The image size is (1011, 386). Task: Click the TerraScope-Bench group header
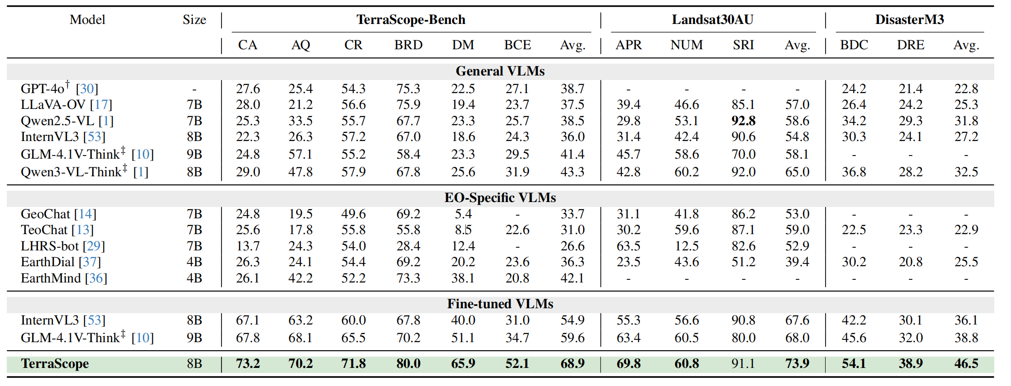coord(411,19)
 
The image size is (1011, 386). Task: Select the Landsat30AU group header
coord(712,19)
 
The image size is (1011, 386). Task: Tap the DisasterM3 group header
coord(909,19)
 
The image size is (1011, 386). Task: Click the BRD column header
coord(408,45)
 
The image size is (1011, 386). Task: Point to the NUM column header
coord(686,45)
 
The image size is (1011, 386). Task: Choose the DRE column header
coord(910,45)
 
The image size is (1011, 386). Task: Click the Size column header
coord(194,19)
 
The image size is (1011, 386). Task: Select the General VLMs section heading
coord(500,71)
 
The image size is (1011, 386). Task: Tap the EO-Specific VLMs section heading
coord(500,198)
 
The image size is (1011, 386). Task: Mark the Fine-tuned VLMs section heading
coord(500,304)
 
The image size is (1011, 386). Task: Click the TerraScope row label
coord(55,363)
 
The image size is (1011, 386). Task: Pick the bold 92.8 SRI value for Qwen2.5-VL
coord(743,121)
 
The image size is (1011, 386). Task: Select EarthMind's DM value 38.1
coord(463,278)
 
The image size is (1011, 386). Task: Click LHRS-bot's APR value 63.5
coord(628,246)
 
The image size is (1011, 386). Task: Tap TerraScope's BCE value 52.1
coord(517,363)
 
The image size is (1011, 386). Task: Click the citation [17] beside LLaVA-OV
coord(101,105)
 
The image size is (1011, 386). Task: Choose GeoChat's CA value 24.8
coord(248,214)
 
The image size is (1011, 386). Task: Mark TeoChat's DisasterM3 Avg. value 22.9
coord(966,230)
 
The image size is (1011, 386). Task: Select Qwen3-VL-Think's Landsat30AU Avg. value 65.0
coord(797,172)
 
